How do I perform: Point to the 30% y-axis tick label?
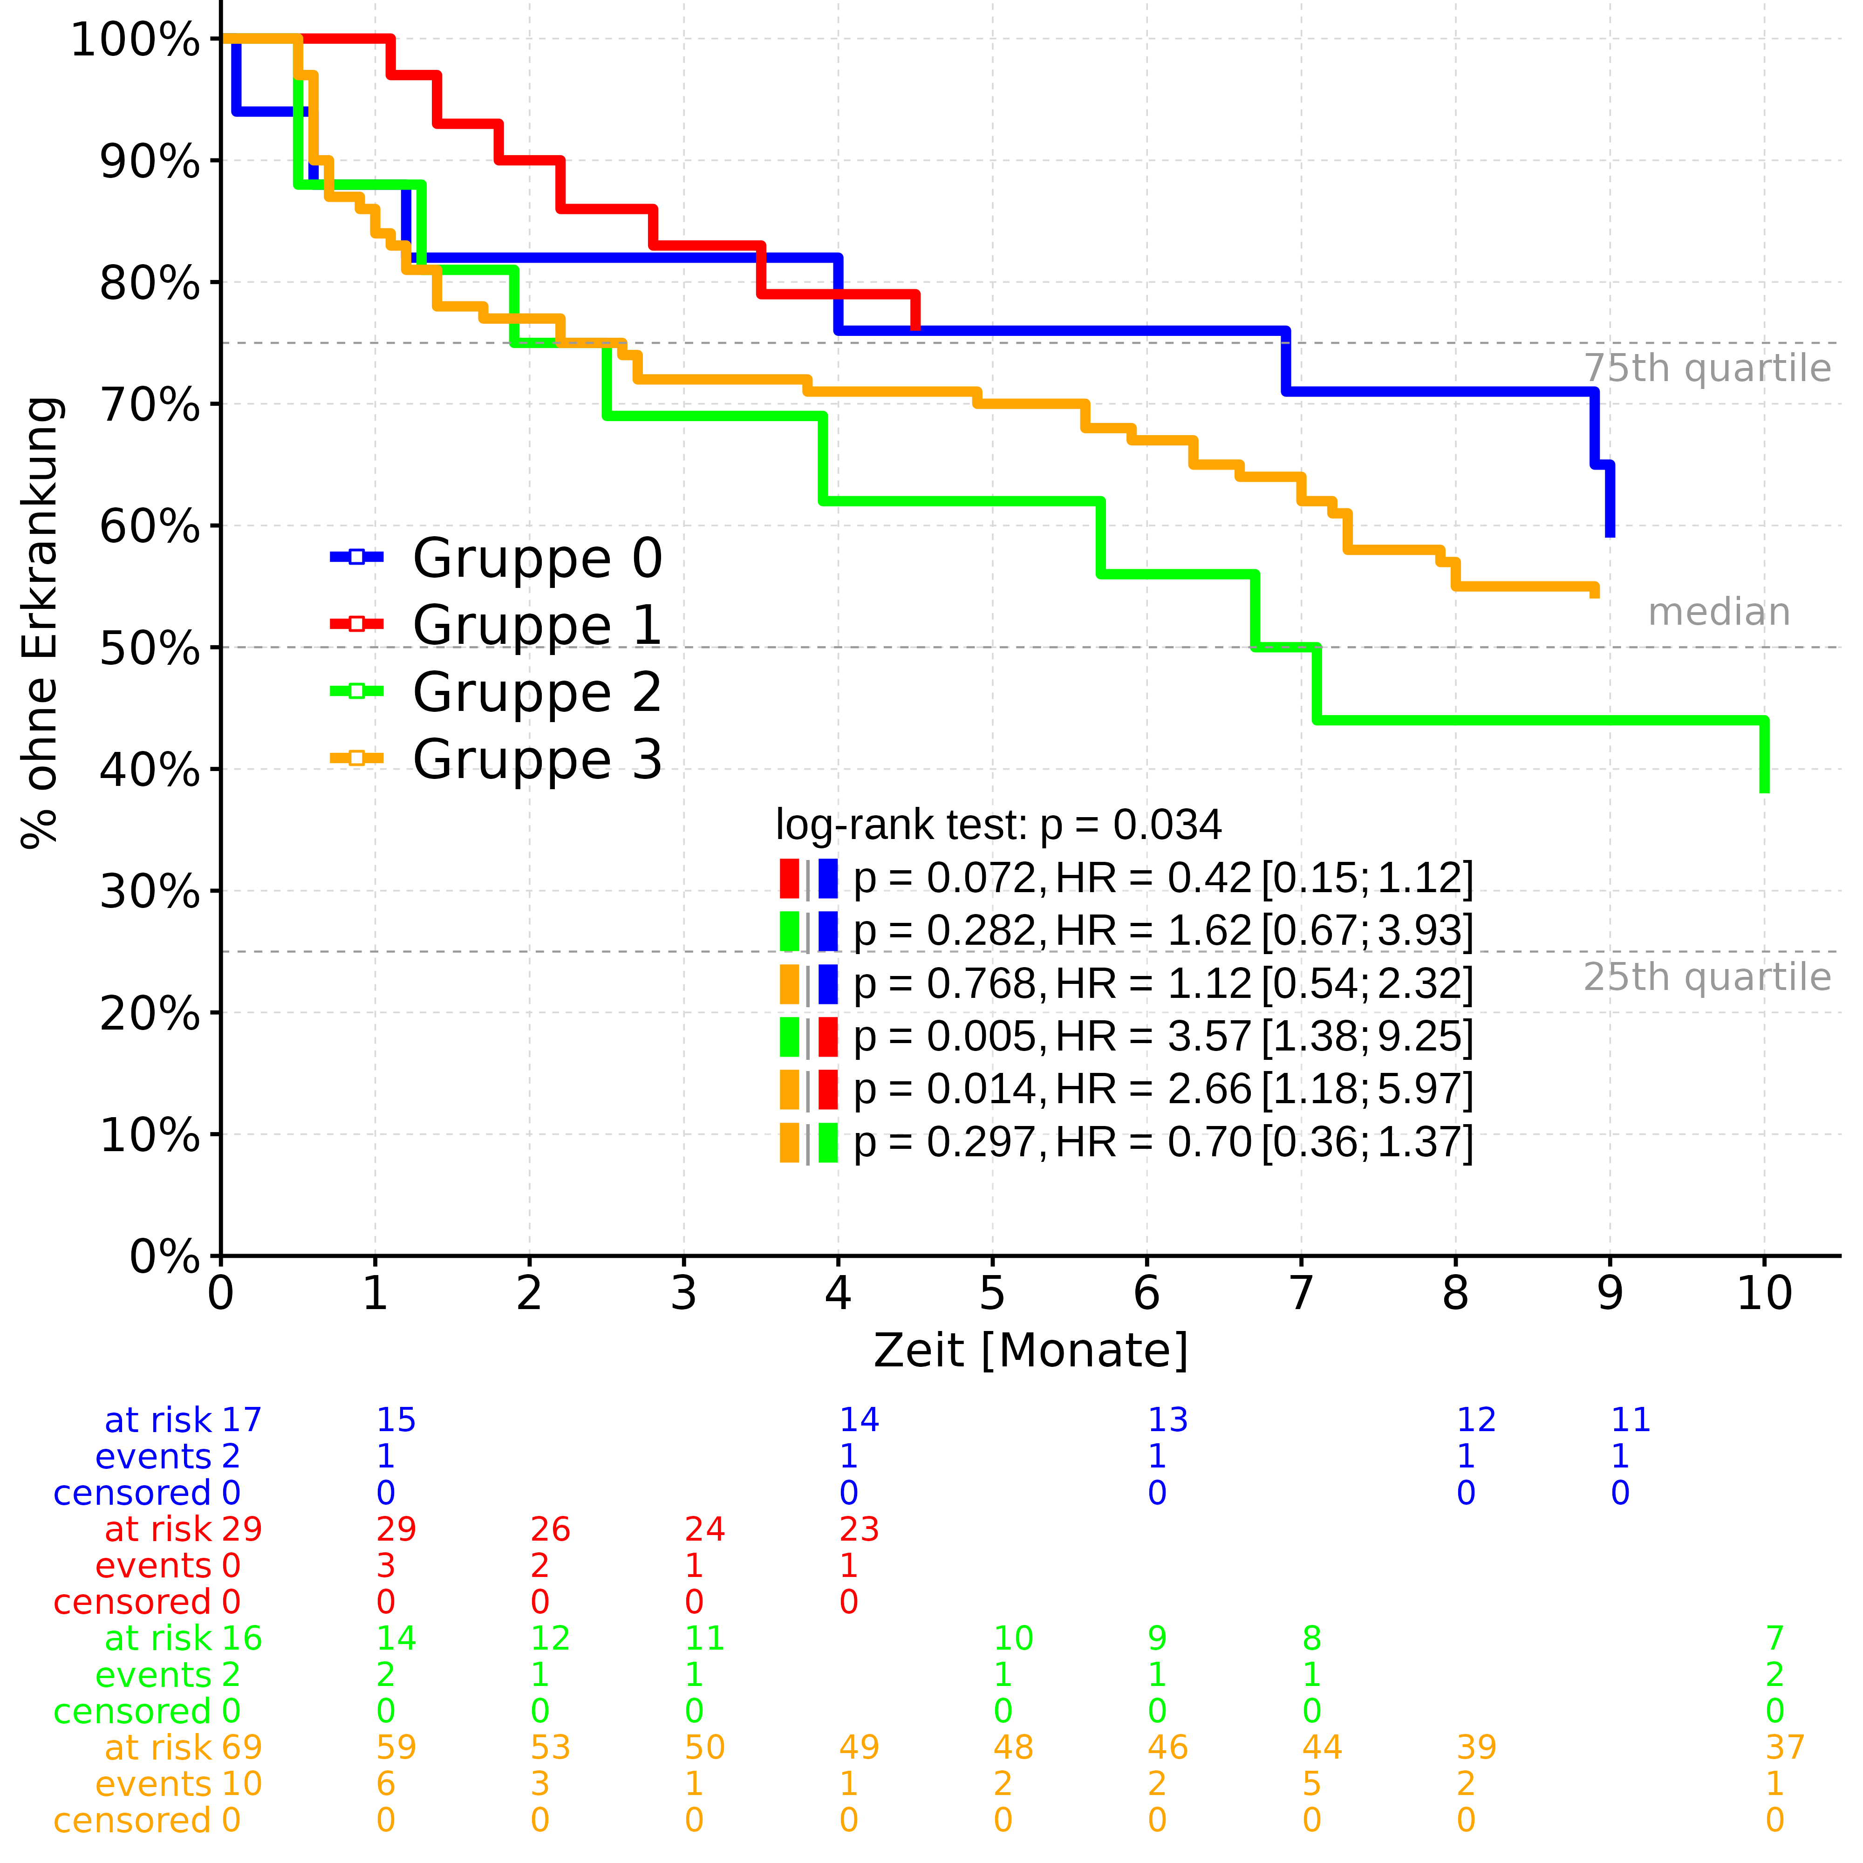tap(150, 893)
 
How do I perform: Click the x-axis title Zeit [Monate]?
tap(1030, 1351)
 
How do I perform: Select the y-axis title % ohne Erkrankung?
tap(41, 622)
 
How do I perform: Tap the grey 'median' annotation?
tap(1719, 612)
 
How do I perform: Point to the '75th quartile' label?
tap(1707, 369)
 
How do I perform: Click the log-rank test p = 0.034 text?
tap(998, 826)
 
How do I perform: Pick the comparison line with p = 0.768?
tap(1162, 983)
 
